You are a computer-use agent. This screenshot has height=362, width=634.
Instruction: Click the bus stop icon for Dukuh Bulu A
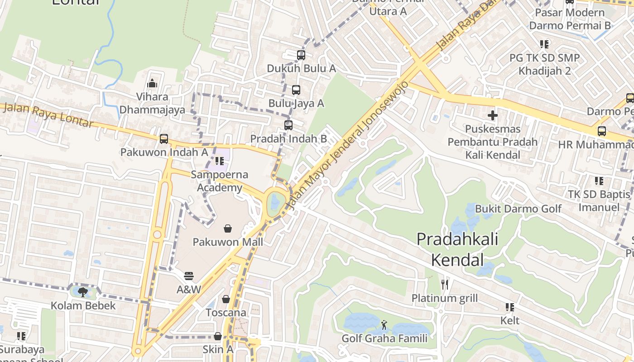(301, 55)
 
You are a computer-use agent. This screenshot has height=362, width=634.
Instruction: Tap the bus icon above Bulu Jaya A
(296, 90)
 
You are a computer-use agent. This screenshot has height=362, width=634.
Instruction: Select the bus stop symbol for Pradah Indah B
(288, 125)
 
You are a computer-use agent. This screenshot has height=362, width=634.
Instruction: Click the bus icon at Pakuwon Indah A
(164, 139)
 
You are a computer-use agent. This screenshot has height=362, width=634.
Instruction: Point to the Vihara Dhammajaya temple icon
(152, 83)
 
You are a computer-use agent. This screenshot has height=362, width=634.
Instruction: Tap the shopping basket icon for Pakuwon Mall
(228, 229)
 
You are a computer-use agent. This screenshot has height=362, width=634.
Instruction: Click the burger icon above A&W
(189, 276)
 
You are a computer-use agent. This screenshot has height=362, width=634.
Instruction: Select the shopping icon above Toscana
(226, 299)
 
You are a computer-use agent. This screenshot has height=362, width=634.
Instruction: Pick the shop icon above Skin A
(218, 336)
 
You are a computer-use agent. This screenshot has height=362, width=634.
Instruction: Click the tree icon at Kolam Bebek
(83, 292)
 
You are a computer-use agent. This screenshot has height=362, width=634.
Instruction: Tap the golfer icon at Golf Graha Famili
(384, 324)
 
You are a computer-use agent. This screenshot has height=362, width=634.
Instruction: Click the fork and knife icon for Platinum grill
(445, 284)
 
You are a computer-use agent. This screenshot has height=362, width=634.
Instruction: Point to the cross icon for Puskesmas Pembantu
(493, 115)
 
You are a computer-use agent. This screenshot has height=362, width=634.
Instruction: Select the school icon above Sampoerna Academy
(220, 161)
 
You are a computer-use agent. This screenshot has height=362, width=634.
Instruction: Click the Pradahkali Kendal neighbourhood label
(457, 249)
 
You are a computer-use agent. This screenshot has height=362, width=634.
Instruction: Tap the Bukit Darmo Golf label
(519, 209)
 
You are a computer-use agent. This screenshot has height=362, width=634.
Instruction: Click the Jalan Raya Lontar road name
(48, 116)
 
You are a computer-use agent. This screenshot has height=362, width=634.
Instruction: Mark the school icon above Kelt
(510, 307)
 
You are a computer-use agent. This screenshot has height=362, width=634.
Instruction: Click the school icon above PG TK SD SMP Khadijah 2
(544, 44)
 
